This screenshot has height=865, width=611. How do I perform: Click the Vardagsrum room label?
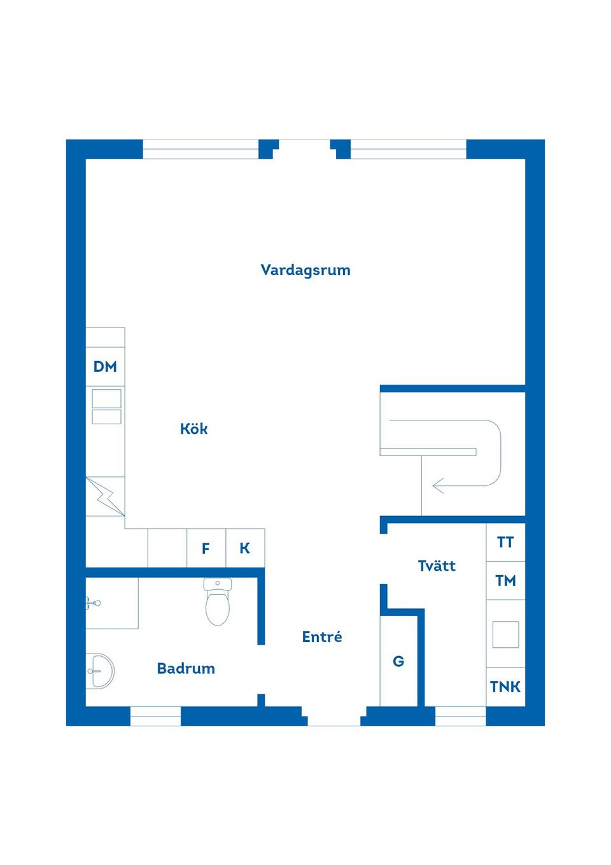pos(305,270)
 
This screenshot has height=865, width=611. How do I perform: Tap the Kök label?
pos(193,429)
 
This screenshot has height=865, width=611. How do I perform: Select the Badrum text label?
pos(186,668)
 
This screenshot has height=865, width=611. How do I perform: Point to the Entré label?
pos(322,637)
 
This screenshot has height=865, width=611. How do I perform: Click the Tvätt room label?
pos(437,566)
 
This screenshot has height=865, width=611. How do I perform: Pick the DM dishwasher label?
pos(105,367)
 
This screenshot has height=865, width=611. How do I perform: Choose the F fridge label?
pos(206,548)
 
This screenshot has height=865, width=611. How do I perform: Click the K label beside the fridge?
pos(245,548)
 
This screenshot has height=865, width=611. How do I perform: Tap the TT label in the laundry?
pos(505,542)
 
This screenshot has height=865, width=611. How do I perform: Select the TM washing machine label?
pos(505,580)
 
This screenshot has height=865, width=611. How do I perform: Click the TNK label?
pos(505,687)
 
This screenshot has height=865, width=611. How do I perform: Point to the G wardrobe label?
pos(398,661)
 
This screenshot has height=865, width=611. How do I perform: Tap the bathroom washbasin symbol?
pos(99,671)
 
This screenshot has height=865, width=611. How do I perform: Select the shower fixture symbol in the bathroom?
pos(93,603)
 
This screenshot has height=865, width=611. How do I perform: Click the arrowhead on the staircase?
pos(438,486)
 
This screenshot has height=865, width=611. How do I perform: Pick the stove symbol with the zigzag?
pos(105,496)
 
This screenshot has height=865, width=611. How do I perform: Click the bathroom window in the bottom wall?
pos(155,716)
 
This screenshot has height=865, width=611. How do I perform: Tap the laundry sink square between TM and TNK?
pos(505,634)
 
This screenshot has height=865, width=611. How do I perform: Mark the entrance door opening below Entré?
pos(334,720)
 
